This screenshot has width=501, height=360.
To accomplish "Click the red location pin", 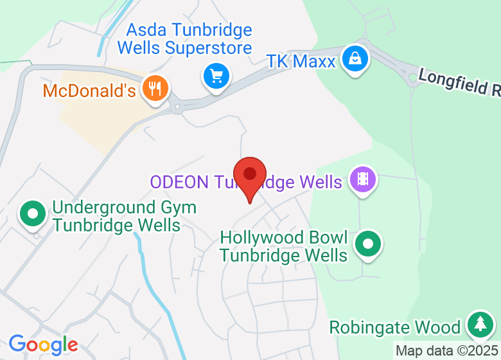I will pos(250,175).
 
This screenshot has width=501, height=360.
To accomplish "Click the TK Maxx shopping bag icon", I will pos(353,59).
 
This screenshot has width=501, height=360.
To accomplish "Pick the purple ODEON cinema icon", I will pos(363,179).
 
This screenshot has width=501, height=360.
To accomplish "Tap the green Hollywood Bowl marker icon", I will pos(368,244).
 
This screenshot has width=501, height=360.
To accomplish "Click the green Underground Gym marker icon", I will pos(32,213).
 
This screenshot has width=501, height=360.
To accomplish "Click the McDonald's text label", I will pos(89,90).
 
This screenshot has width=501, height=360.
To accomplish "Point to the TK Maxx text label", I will pos(301,62).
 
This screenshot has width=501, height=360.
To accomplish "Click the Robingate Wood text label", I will pos(395,327).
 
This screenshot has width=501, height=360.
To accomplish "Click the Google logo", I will pos(43,345).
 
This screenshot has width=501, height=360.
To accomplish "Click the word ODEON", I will pos(180,182).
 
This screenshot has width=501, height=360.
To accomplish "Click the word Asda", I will pos(146,30).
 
